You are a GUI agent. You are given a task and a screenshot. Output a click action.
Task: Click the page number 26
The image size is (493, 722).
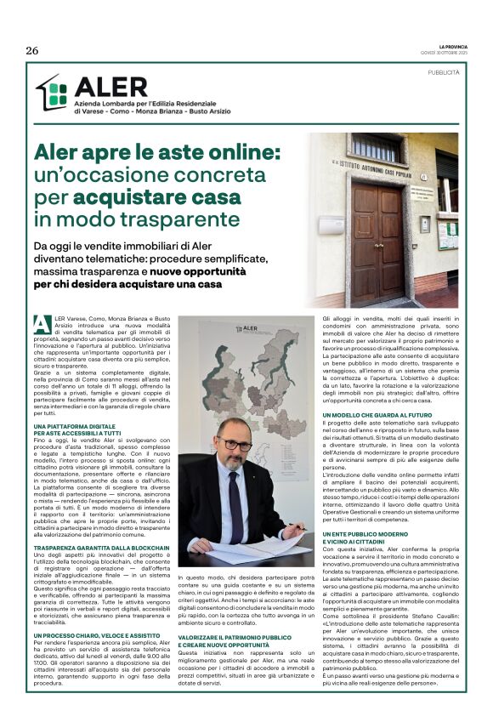tap(32, 50)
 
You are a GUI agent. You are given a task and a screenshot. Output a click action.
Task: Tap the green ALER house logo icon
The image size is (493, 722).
tap(51, 93)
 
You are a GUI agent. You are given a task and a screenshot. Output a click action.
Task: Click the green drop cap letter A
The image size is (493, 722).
tap(39, 322)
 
